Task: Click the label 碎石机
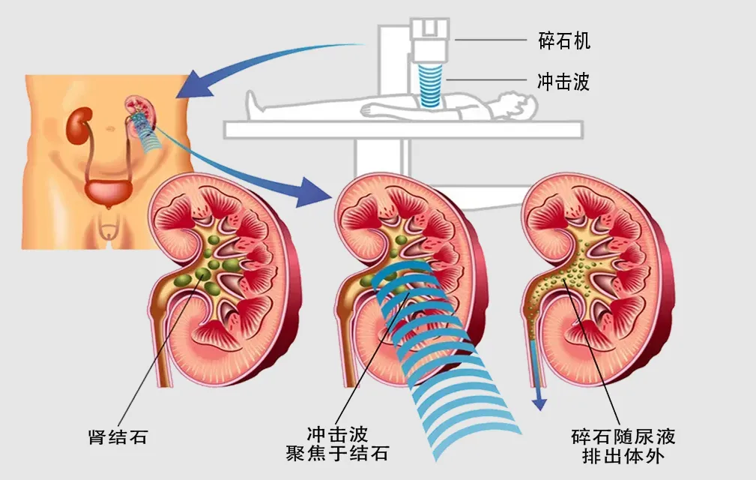[564, 41]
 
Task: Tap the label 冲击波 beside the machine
[564, 82]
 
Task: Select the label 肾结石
[118, 437]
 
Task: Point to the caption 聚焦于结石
[337, 454]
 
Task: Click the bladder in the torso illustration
[106, 192]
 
